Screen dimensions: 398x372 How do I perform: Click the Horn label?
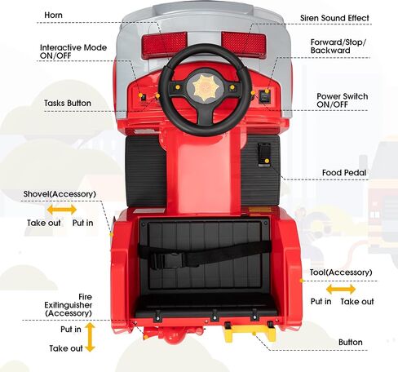coord(53,15)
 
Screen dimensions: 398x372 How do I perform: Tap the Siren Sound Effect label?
coord(334,18)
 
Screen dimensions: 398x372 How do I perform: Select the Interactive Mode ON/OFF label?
coord(73,51)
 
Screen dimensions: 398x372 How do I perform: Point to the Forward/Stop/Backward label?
coord(338,46)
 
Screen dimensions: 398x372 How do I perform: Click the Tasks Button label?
coord(68,103)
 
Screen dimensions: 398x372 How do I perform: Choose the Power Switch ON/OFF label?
coord(342,100)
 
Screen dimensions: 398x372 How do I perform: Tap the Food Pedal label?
coord(344,172)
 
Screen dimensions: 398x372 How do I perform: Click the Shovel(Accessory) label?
coord(60,194)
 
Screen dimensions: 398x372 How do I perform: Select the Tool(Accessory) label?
coord(341,272)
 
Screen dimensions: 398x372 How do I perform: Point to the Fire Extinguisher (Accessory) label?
coord(69,305)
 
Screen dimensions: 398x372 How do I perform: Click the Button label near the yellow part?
coord(350,342)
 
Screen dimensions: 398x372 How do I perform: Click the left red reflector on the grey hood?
coord(165,44)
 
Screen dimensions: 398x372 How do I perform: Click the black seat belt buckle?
coord(166,259)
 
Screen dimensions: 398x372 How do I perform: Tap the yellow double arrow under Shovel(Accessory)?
coord(62,210)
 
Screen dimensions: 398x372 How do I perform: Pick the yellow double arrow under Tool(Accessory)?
coord(341,290)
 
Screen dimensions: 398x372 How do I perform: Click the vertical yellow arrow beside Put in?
coord(90,337)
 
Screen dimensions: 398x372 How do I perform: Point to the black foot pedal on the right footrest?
coord(264,154)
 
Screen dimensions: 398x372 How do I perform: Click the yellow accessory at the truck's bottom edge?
coord(249,333)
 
